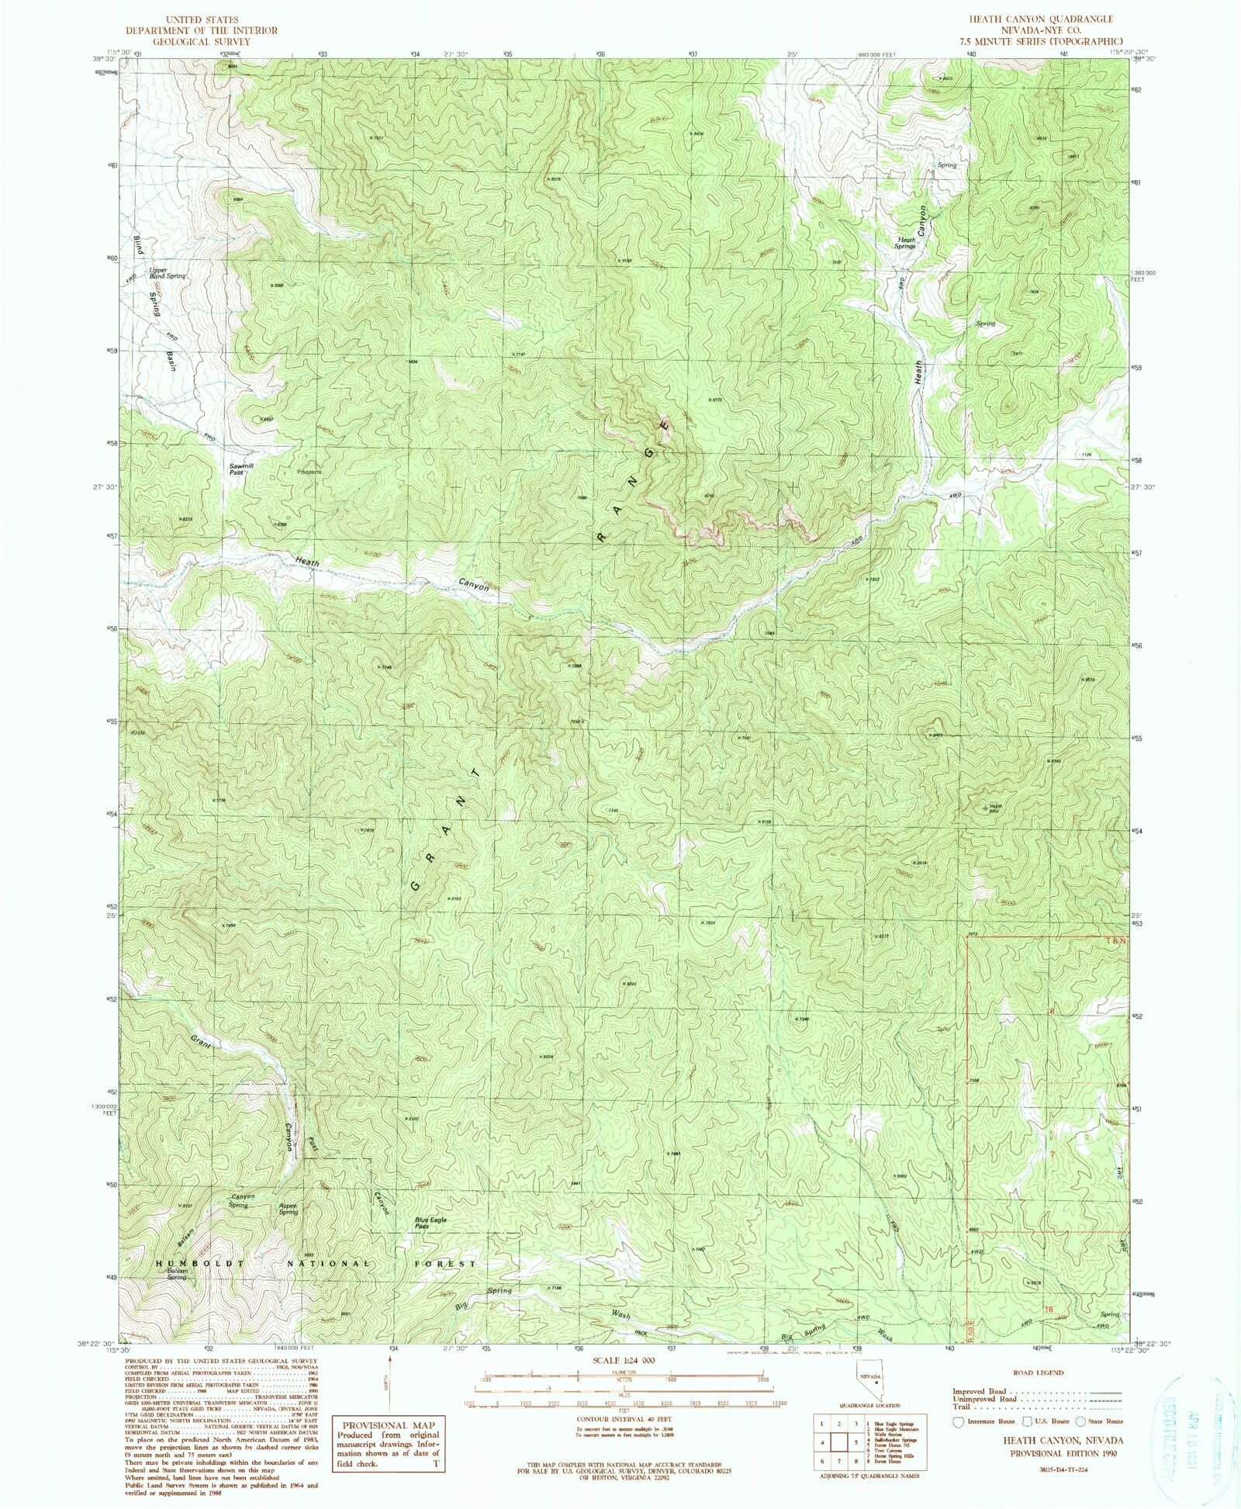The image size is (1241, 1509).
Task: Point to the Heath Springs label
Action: [905, 243]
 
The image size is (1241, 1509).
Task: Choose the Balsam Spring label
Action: [176, 1274]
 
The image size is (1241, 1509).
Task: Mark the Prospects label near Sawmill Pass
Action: [309, 472]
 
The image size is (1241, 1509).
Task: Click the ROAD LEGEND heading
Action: [1039, 1372]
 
